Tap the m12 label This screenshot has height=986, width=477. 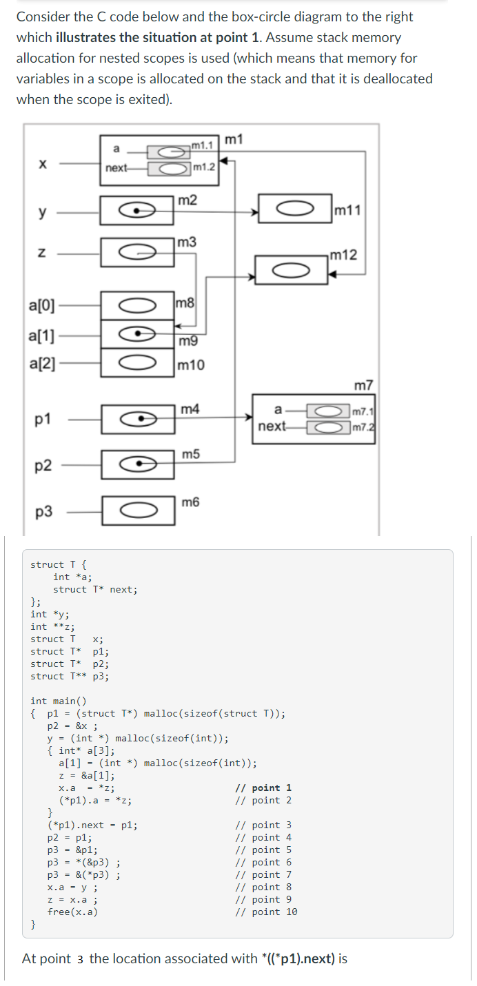point(343,256)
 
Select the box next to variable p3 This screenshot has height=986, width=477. point(138,511)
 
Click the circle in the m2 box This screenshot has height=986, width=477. point(138,210)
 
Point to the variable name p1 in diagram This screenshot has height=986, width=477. point(43,419)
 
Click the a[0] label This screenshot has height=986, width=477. point(43,304)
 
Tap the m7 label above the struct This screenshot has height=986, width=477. point(363,384)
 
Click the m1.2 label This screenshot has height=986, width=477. point(204,167)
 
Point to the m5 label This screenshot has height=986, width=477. point(191,454)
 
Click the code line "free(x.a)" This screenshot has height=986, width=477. point(72,912)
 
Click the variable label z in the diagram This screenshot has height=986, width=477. point(43,254)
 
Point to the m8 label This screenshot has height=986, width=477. point(186,302)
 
